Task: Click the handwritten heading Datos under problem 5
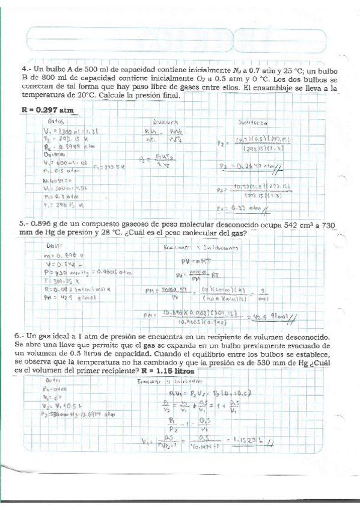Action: pyautogui.click(x=56, y=245)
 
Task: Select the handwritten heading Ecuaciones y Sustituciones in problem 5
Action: pyautogui.click(x=201, y=247)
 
